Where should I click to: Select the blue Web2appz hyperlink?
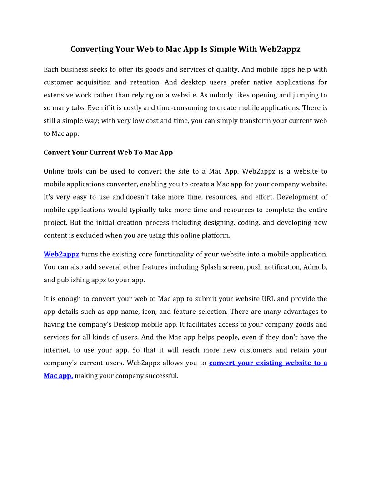tap(61, 254)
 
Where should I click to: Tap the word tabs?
tap(71, 108)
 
